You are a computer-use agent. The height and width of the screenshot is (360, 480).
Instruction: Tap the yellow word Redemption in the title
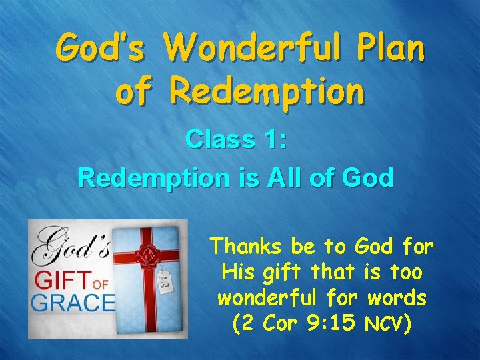267,93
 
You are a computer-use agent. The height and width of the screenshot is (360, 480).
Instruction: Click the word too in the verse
407,271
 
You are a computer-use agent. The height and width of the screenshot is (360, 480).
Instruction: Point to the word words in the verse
399,297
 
